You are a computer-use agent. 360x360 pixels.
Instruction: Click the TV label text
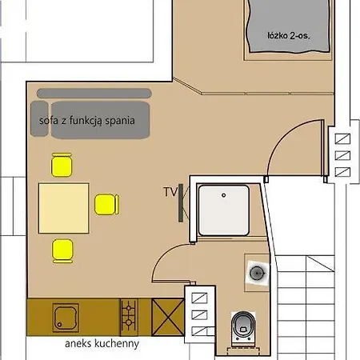click(170, 192)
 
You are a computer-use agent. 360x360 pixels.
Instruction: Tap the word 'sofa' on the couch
click(49, 121)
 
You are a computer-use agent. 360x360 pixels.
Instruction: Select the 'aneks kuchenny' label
click(102, 344)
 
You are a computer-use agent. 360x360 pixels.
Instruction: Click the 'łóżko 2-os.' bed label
click(289, 36)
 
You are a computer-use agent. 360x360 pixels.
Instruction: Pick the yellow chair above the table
click(62, 165)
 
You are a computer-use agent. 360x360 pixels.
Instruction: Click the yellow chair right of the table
click(106, 204)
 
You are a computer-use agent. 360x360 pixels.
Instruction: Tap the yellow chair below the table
click(62, 251)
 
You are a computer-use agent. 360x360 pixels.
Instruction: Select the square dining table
click(64, 208)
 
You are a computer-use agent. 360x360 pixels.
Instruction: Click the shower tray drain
click(224, 195)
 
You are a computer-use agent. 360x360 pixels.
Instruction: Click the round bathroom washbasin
click(257, 273)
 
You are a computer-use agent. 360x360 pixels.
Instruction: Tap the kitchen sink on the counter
click(66, 318)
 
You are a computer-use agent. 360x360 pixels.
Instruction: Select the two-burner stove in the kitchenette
click(129, 317)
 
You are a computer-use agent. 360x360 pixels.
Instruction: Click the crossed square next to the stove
click(168, 317)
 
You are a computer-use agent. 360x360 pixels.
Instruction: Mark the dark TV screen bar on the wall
click(181, 202)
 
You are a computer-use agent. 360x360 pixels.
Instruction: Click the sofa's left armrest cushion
click(39, 118)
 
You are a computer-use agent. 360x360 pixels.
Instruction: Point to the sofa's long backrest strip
click(94, 94)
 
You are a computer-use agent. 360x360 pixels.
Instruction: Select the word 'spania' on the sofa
click(120, 121)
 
